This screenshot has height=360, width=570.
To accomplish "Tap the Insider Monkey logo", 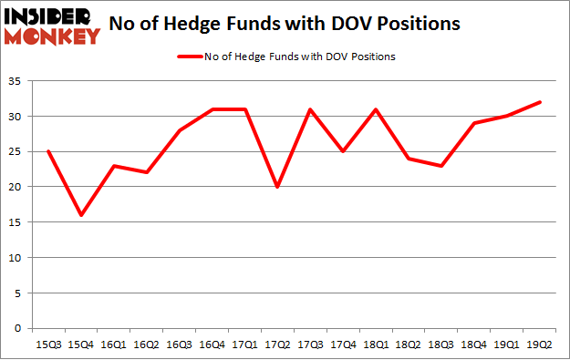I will click(x=52, y=26).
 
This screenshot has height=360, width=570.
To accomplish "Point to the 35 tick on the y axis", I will click(x=16, y=81).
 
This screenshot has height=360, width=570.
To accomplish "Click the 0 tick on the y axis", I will click(x=20, y=328).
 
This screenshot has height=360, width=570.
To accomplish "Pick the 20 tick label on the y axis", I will click(x=16, y=187).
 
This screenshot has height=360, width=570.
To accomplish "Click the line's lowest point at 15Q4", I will click(x=81, y=215).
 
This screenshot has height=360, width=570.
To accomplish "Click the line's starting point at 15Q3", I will click(x=48, y=151).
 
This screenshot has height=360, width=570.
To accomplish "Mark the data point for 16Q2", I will click(x=148, y=173).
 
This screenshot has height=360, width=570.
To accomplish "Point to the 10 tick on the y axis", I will click(x=16, y=258).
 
